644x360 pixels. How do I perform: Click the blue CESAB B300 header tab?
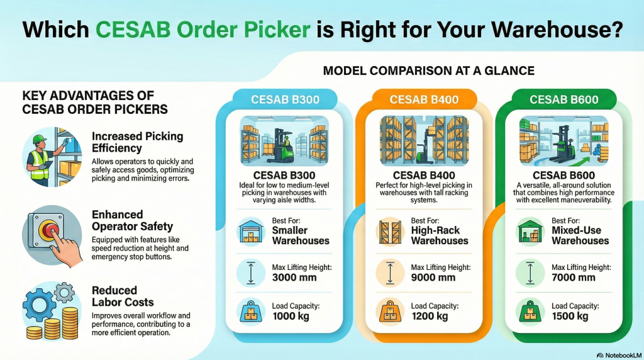coord(284,99)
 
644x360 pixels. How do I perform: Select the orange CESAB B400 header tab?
coord(424,99)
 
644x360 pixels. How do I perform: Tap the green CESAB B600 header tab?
coord(563,99)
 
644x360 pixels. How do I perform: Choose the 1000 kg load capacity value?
coord(291,317)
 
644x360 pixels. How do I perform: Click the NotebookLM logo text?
coord(619,354)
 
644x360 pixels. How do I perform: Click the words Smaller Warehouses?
coord(301,236)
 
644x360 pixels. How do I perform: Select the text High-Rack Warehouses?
coord(440,236)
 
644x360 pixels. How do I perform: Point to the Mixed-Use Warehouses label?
coord(580,236)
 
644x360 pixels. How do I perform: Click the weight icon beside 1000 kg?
coord(250,312)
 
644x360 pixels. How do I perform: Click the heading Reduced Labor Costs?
coord(114,296)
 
